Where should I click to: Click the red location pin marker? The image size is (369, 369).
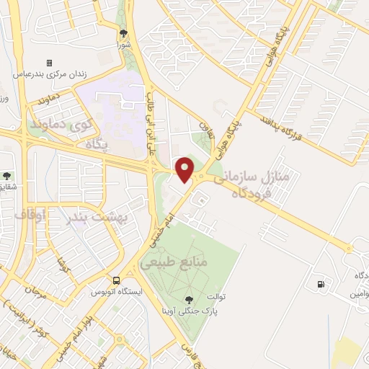pos(185,170)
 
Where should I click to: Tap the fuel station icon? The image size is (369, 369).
pos(319,284)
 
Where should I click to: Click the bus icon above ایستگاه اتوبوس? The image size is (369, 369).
pos(116,280)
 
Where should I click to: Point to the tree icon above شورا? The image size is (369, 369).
pos(123,32)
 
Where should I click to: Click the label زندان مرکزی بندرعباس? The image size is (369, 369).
pos(49,74)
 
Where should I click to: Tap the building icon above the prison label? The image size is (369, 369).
pos(49,63)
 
